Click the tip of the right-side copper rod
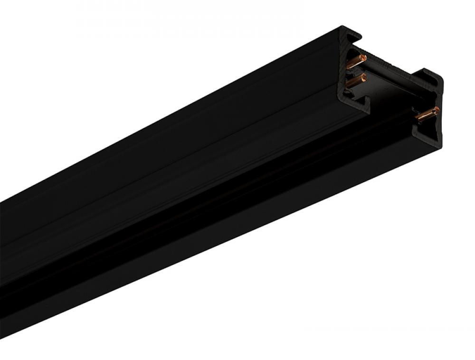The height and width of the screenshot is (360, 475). pyautogui.click(x=437, y=110)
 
